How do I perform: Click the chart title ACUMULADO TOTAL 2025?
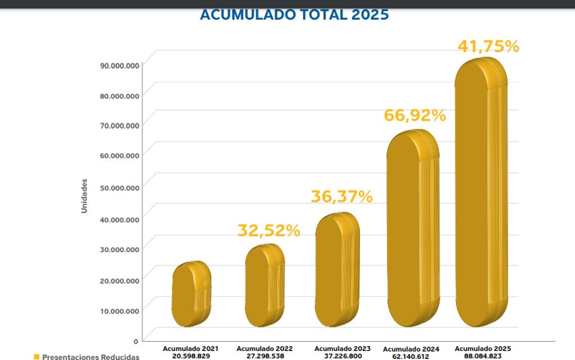coord(294,15)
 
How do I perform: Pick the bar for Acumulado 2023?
coord(336,270)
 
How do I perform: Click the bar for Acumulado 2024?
coord(413,228)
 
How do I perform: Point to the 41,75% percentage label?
coord(488,47)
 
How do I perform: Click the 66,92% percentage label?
coord(414,116)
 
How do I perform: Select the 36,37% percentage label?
coord(341,197)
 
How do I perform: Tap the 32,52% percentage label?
coord(268,230)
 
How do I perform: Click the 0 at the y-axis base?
coord(136,341)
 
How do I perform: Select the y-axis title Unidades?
coord(84,195)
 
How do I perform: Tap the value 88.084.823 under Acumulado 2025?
coord(483,356)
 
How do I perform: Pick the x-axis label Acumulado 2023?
coord(342,349)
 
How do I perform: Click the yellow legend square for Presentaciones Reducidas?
coord(36,357)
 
